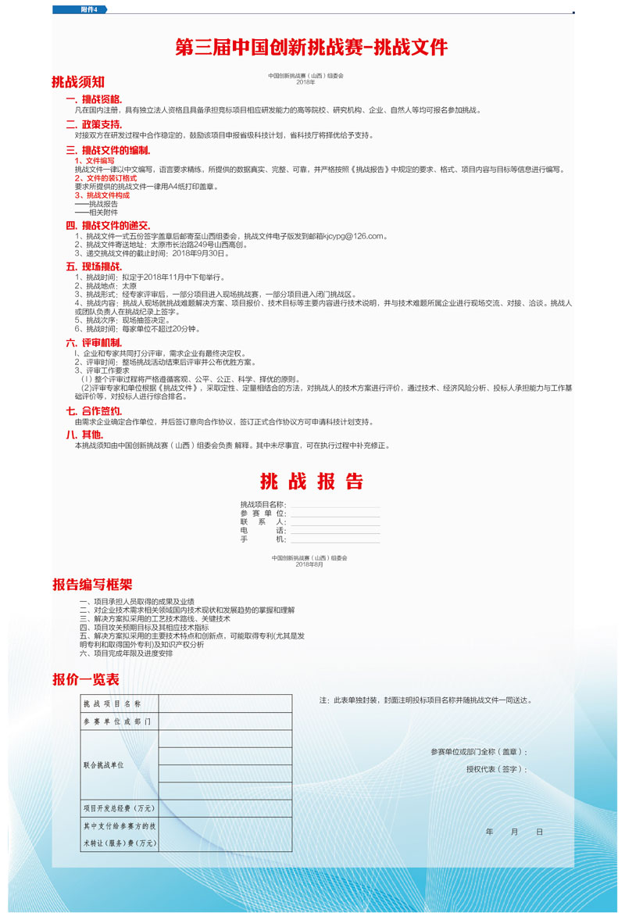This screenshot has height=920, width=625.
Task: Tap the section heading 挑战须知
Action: (78, 81)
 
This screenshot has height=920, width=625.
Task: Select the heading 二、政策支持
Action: (94, 124)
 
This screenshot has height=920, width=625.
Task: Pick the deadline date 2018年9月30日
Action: (200, 253)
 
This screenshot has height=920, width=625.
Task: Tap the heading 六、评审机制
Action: (94, 342)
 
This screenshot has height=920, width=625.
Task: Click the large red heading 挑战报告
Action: (312, 481)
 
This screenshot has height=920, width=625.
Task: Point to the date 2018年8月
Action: (309, 564)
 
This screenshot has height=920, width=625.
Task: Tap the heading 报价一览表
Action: (86, 678)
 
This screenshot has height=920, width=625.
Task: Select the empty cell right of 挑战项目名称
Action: (225, 703)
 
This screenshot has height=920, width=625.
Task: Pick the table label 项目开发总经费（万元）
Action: (119, 807)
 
